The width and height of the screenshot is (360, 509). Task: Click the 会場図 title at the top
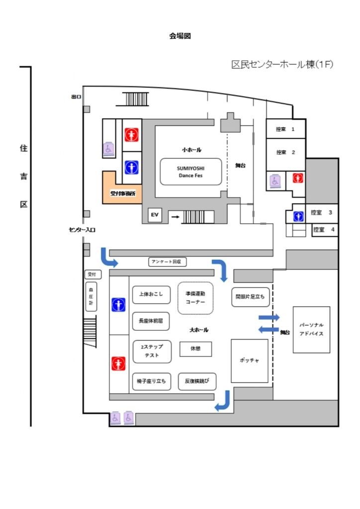[180, 36]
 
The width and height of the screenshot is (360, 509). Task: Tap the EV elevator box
[155, 215]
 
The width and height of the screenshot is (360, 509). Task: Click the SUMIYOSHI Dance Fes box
[190, 171]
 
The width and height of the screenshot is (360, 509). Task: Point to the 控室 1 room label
[285, 129]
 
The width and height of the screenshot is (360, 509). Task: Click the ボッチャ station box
[250, 361]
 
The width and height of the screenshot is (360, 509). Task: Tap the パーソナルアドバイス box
[311, 330]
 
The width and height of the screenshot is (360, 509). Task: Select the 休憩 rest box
[195, 349]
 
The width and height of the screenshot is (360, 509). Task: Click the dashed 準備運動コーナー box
[195, 297]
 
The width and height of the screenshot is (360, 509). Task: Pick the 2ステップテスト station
[152, 351]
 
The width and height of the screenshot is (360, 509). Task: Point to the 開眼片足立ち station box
[250, 297]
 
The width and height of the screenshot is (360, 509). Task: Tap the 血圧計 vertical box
[91, 296]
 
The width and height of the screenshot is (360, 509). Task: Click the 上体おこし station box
[148, 294]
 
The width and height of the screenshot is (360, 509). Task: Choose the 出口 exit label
[76, 97]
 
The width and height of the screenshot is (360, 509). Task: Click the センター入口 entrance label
[82, 230]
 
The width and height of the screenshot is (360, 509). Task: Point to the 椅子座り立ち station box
[151, 381]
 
